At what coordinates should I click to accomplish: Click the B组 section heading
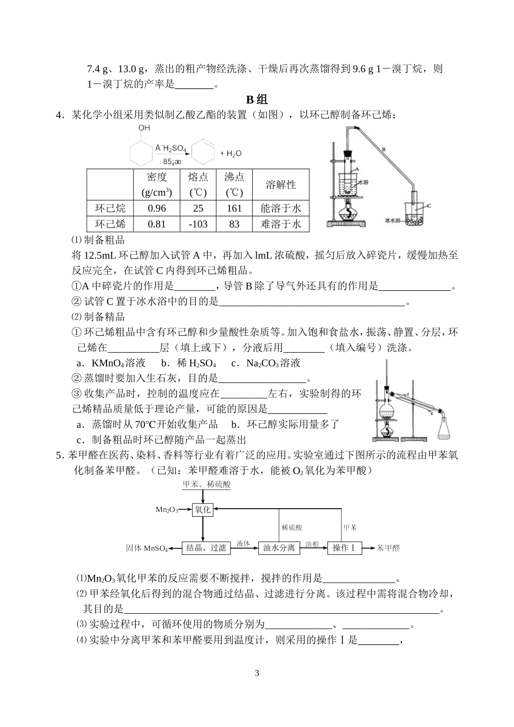pos(257,99)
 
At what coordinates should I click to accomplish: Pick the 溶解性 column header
pos(281,185)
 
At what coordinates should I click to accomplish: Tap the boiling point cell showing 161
pos(234,209)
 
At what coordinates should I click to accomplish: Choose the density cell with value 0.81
pos(157,224)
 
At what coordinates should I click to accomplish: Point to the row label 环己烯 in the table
pos(110,224)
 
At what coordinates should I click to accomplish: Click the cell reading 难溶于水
pos(281,224)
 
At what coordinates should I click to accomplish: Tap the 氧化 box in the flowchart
pos(203,509)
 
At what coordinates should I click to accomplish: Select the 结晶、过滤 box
pos(206,548)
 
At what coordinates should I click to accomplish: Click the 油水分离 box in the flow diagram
pos(279,548)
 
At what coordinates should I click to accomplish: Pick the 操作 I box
pos(344,548)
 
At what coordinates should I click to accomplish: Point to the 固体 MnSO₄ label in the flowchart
pos(147,548)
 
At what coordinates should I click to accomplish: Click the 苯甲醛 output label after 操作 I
pos(388,548)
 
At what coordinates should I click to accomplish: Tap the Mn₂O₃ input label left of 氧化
pos(167,510)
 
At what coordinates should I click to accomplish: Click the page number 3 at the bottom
pos(257,673)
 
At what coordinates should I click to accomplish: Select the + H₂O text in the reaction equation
pos(231,154)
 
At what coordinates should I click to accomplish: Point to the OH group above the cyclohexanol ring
pos(144,128)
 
